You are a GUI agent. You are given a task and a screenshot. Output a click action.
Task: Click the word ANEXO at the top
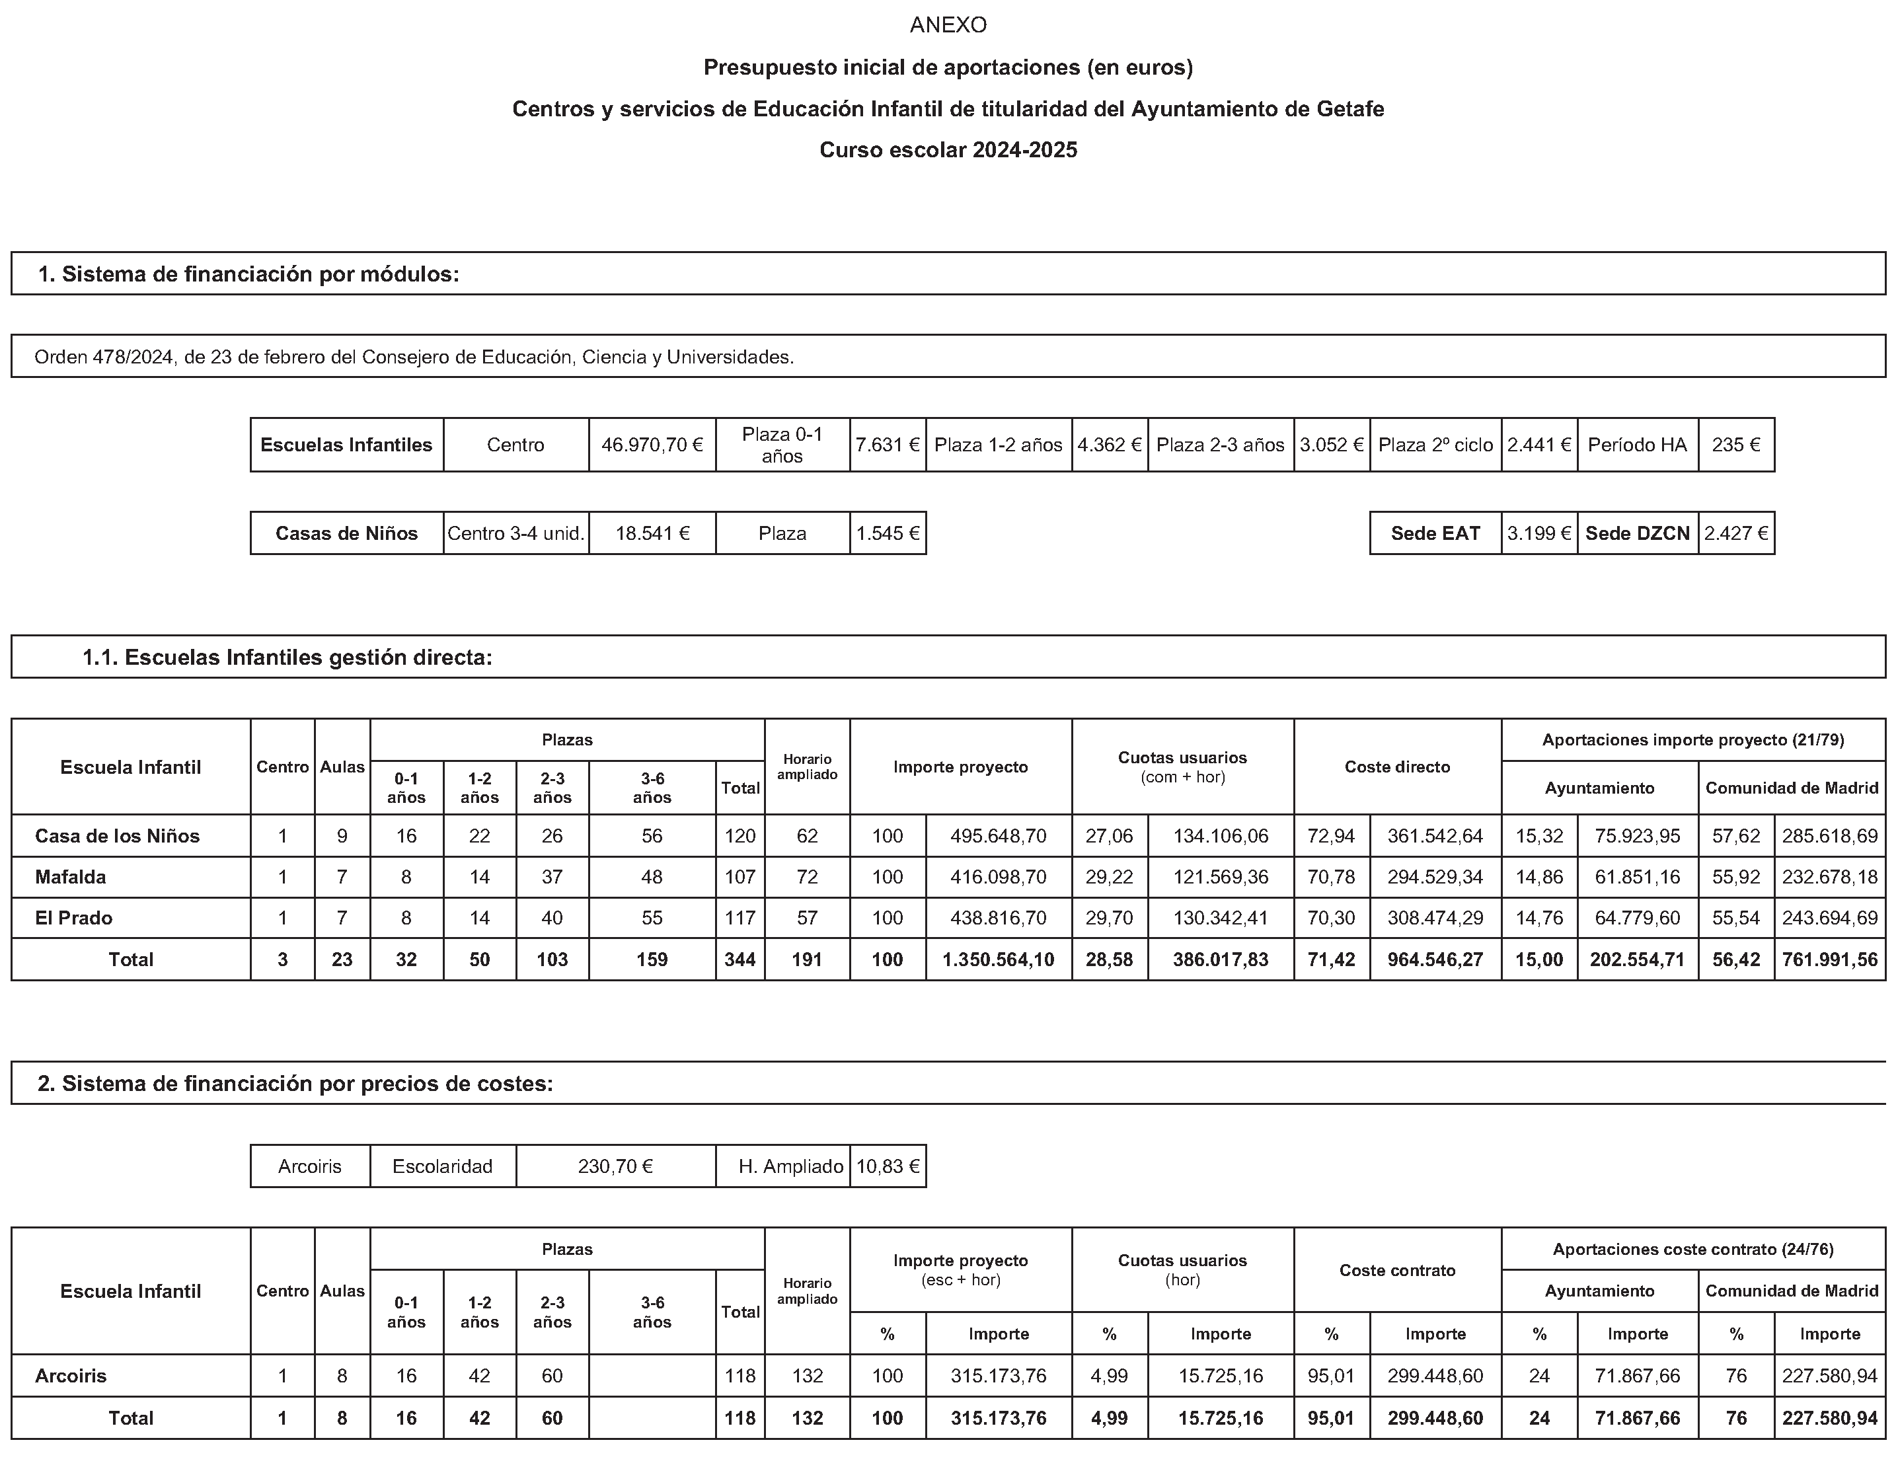click(948, 25)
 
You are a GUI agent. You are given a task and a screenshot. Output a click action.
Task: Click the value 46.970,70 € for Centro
click(652, 445)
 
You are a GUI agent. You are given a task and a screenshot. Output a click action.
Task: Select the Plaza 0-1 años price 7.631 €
click(888, 445)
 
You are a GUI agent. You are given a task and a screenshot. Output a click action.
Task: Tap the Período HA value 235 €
click(1735, 445)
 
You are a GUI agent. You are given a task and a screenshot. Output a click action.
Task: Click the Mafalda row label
click(71, 877)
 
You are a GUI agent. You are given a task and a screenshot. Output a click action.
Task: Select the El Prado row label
click(73, 918)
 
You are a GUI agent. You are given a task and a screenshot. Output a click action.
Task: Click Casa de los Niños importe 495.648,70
click(998, 836)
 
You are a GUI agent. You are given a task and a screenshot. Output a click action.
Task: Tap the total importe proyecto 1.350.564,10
click(998, 959)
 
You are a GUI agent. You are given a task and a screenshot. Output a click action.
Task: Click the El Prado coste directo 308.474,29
click(1435, 918)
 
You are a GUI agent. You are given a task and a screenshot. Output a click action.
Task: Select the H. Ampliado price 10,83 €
click(888, 1166)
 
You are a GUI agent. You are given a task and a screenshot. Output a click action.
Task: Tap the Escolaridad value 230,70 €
click(615, 1166)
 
